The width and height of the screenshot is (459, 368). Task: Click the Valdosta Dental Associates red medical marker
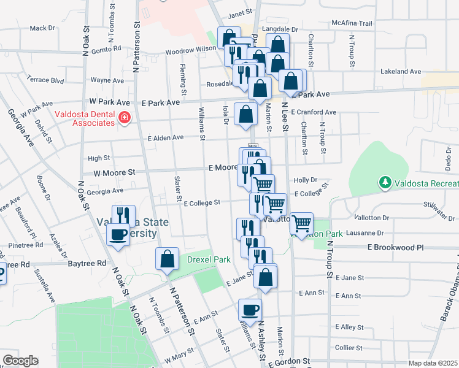point(125,117)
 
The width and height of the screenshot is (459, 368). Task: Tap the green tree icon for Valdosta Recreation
point(385,182)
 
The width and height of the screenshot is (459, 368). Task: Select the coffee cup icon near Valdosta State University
point(118,233)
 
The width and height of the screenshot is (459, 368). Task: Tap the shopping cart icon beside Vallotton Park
point(301,224)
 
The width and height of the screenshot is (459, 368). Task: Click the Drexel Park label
point(209,259)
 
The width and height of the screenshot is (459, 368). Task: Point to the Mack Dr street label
point(42,28)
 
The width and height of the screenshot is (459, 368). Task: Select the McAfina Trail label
point(352,23)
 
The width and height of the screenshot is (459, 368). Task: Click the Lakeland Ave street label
point(401,72)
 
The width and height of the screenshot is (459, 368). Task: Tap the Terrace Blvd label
point(45,80)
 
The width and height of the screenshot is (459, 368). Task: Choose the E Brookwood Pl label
point(396,247)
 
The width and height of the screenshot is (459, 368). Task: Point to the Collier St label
point(349,348)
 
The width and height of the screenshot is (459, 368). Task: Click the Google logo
point(20,361)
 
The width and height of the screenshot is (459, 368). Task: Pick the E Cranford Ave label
point(314,112)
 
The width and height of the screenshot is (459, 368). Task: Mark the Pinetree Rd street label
point(26,245)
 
